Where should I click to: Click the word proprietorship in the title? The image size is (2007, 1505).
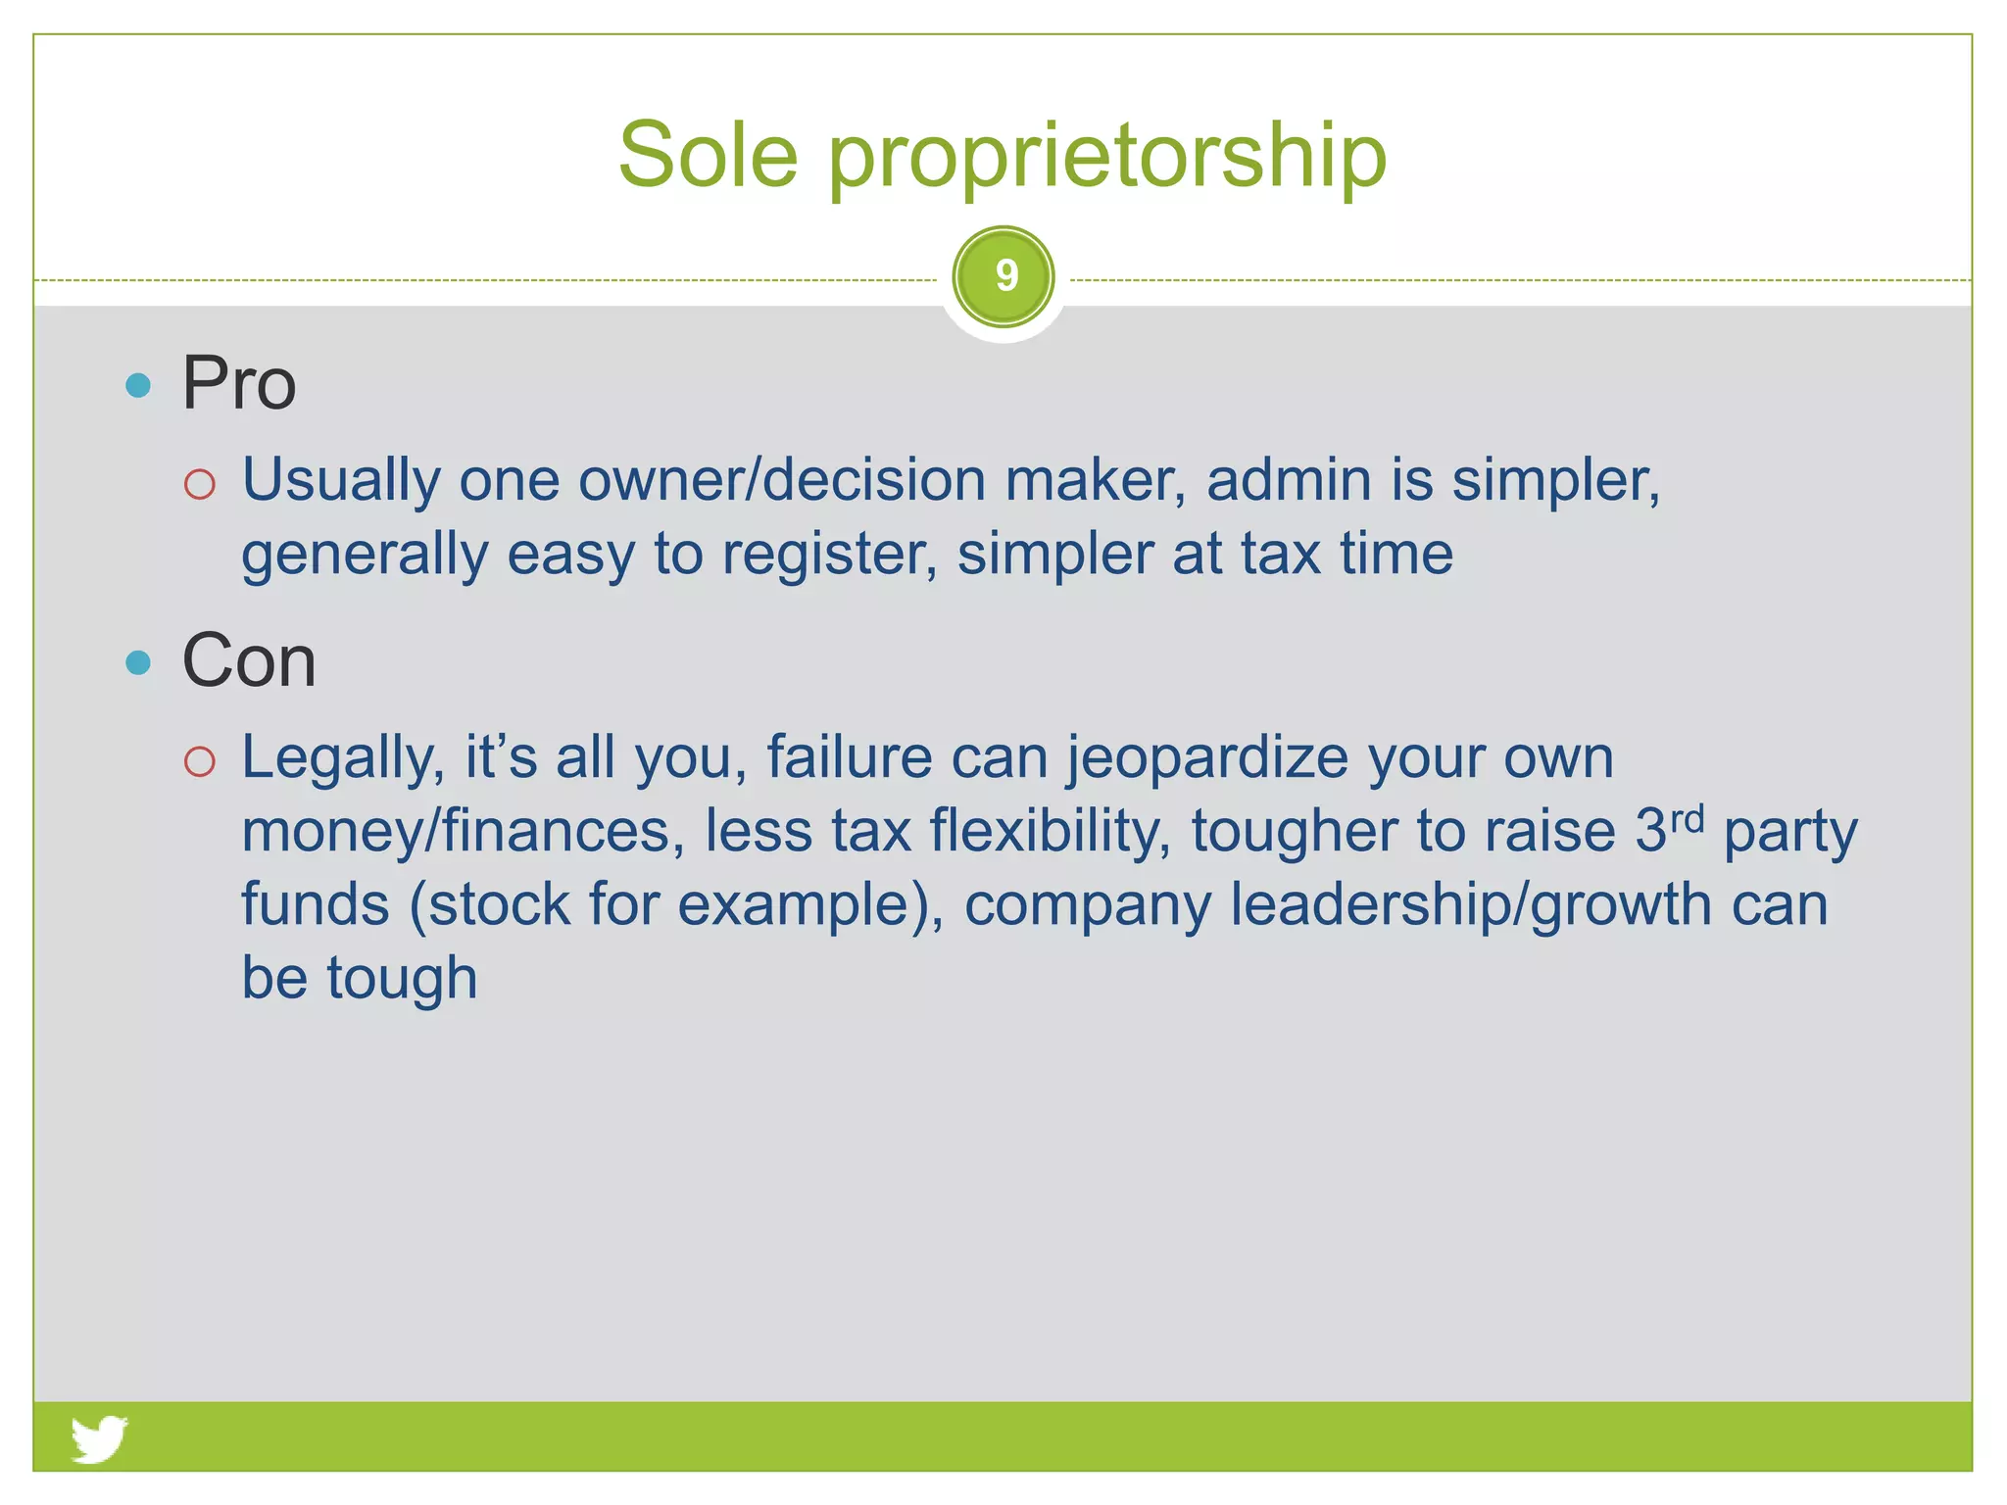click(x=1107, y=157)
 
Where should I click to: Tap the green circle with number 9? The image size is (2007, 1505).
click(x=1003, y=277)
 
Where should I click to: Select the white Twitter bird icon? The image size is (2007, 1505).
click(x=99, y=1437)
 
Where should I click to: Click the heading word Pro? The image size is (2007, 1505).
click(x=238, y=383)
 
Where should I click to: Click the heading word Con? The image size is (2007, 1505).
click(x=249, y=661)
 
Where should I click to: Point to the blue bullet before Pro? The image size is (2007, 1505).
click(x=138, y=384)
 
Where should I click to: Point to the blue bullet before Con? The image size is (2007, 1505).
click(x=138, y=663)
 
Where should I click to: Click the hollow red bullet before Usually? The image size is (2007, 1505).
click(x=199, y=484)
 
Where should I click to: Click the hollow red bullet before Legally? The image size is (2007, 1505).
click(x=199, y=761)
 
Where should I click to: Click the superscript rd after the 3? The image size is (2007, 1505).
click(x=1688, y=818)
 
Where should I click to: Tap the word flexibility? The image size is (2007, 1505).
click(x=1050, y=831)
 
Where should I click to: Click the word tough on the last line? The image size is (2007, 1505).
click(x=402, y=978)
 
